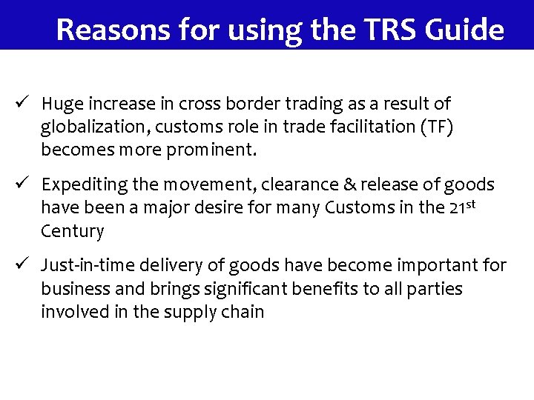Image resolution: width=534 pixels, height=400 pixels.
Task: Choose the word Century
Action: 72,230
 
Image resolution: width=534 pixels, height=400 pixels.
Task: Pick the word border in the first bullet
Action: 243,104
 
